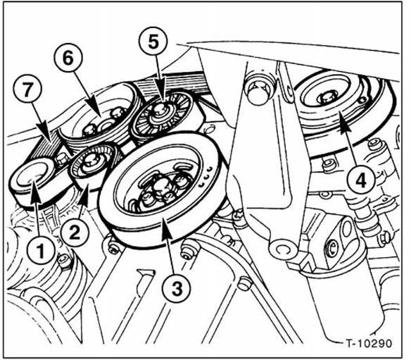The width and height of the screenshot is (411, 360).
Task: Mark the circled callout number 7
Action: (27, 89)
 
